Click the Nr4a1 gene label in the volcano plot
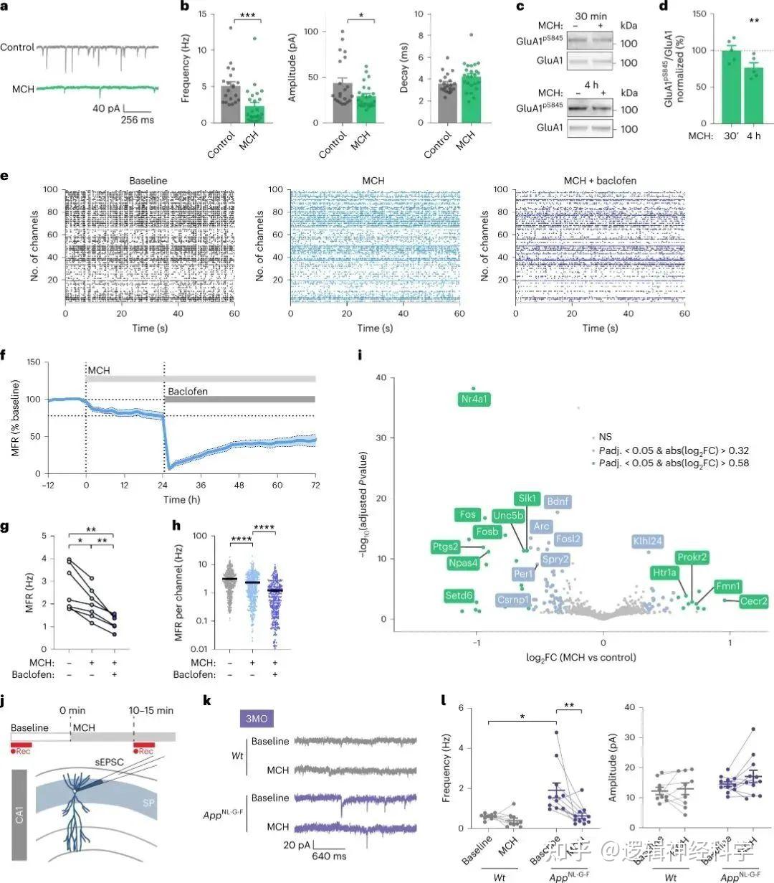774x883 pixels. (476, 400)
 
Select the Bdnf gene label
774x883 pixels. (558, 502)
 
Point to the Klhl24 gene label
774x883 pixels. (646, 541)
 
